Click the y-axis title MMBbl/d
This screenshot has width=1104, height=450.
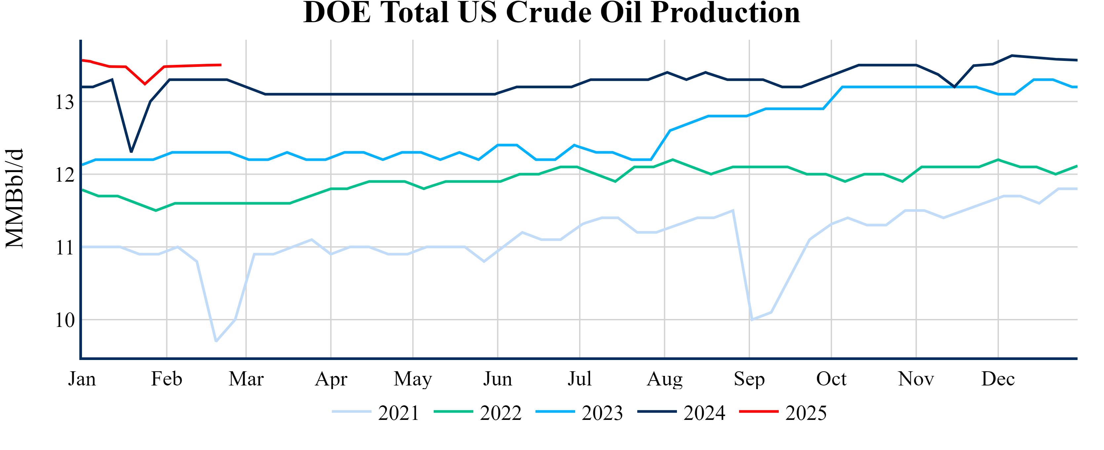pyautogui.click(x=15, y=198)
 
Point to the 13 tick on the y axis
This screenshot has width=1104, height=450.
pyautogui.click(x=65, y=102)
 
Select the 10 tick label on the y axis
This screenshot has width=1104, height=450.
pyautogui.click(x=65, y=320)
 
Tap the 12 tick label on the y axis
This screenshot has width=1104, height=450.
pyautogui.click(x=65, y=175)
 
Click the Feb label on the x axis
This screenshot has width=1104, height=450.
pyautogui.click(x=166, y=379)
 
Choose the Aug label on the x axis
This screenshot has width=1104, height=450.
pyautogui.click(x=664, y=379)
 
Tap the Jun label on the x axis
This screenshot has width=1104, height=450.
pyautogui.click(x=497, y=379)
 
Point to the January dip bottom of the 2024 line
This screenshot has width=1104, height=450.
pyautogui.click(x=131, y=152)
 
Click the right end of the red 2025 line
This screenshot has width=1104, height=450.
pyautogui.click(x=221, y=65)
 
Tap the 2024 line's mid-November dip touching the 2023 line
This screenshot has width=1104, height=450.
pyautogui.click(x=954, y=87)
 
